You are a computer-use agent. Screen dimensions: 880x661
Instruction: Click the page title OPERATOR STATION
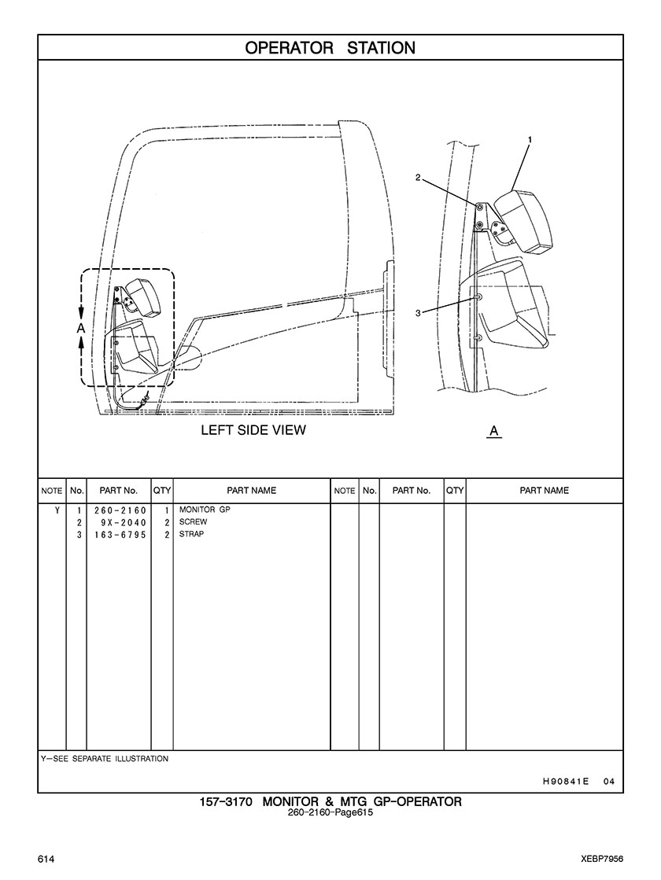330,48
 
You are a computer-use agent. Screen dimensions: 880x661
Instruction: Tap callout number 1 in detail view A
530,139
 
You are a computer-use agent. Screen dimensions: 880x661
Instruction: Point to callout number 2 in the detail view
418,177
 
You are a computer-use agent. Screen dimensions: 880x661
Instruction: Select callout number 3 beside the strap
418,313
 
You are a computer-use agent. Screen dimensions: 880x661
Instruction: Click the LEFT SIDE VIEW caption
253,430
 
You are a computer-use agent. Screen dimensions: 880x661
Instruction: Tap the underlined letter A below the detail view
494,431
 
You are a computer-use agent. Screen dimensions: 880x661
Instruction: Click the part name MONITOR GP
205,510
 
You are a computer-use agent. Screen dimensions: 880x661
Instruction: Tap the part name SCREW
193,522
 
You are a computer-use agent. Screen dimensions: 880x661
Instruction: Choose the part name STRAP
192,535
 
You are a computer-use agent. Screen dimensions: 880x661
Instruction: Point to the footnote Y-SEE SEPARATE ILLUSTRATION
105,759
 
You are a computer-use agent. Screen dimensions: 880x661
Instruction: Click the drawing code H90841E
566,782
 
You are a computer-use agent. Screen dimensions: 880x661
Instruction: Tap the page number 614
46,856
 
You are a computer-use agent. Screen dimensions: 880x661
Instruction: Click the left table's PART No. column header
118,491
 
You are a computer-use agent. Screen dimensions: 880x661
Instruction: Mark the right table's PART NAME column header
544,491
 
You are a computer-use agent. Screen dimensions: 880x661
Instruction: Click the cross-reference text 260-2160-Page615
330,813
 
